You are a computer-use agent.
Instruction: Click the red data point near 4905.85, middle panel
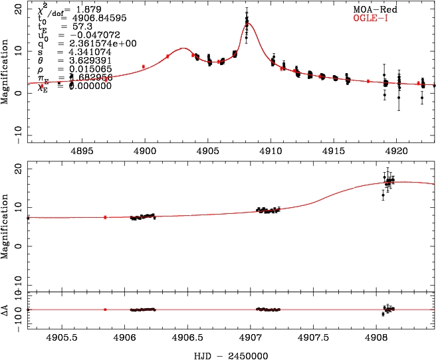coord(105,217)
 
